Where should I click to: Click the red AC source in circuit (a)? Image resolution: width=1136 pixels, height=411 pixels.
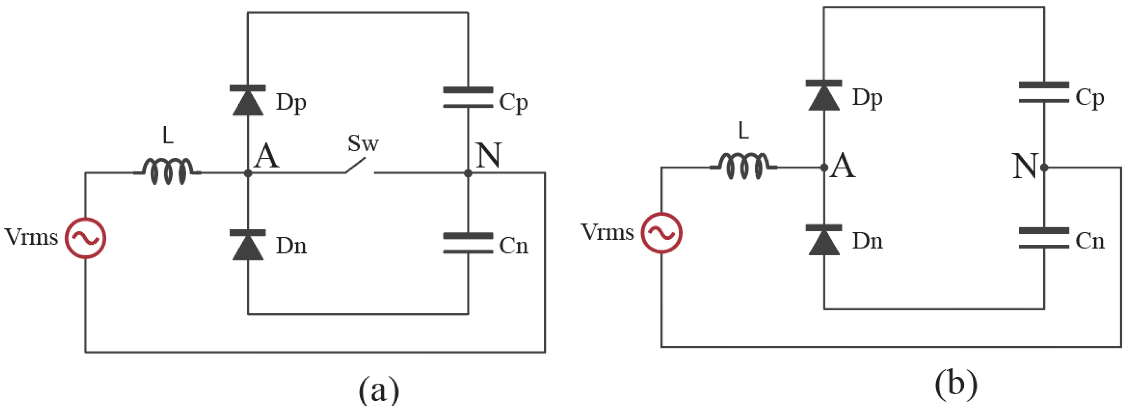[86, 238]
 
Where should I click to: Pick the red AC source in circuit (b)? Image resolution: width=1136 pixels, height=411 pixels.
[662, 233]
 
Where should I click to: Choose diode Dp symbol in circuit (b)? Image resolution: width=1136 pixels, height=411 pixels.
[824, 95]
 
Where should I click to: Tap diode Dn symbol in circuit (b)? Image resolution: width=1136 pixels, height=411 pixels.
[824, 240]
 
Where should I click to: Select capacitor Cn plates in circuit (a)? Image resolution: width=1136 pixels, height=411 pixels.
[468, 243]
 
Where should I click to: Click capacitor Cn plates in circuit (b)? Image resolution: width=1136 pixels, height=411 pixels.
[1044, 238]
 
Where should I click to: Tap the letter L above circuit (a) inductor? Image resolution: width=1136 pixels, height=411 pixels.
[168, 136]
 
